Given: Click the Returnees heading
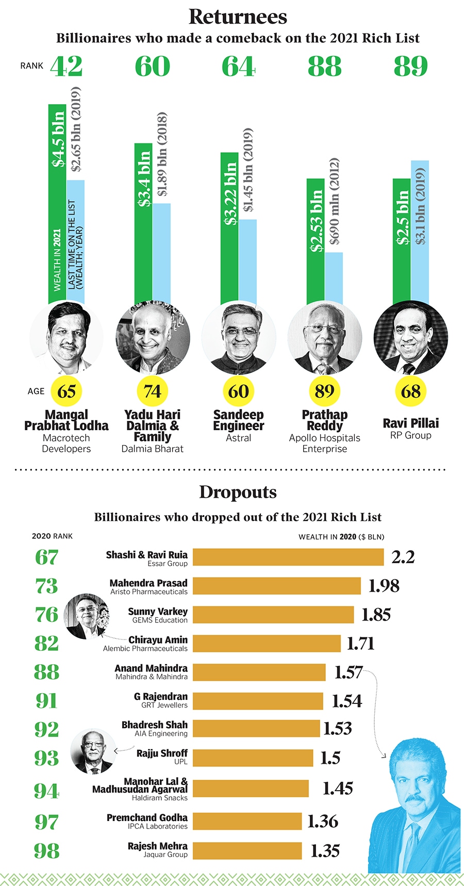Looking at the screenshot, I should point(238,17).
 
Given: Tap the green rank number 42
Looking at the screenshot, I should point(67,67).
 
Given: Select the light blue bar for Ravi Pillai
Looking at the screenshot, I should point(420,232).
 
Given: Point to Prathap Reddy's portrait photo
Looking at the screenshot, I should point(325,338).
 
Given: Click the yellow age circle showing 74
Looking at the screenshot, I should point(153,391).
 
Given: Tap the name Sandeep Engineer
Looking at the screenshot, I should point(239,420).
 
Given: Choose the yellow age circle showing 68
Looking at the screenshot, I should point(411,391).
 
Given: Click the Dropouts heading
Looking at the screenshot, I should point(238,492).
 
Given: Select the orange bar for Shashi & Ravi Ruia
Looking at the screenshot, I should point(288,557).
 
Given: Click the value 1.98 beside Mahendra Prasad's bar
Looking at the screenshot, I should point(384,586).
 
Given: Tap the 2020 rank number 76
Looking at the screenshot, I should point(46,615).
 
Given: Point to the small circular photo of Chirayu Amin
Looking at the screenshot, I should point(86,616).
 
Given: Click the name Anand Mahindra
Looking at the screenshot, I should point(151,668).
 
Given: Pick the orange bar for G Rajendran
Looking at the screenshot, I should point(258,701).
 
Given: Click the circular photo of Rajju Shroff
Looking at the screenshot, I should point(93,751).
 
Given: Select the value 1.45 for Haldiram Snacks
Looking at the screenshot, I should point(338,788).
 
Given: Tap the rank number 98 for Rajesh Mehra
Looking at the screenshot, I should point(46,851).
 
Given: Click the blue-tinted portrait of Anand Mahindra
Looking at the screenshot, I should point(415,810).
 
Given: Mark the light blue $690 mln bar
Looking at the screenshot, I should point(334,278).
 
